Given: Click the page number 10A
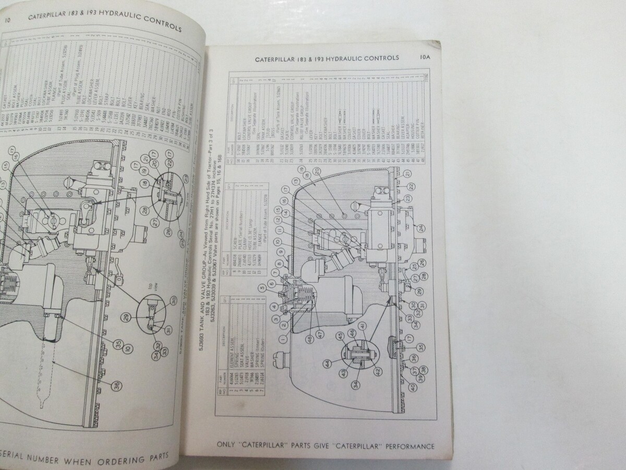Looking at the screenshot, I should (425, 58).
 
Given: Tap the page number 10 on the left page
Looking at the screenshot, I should (7, 20).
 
